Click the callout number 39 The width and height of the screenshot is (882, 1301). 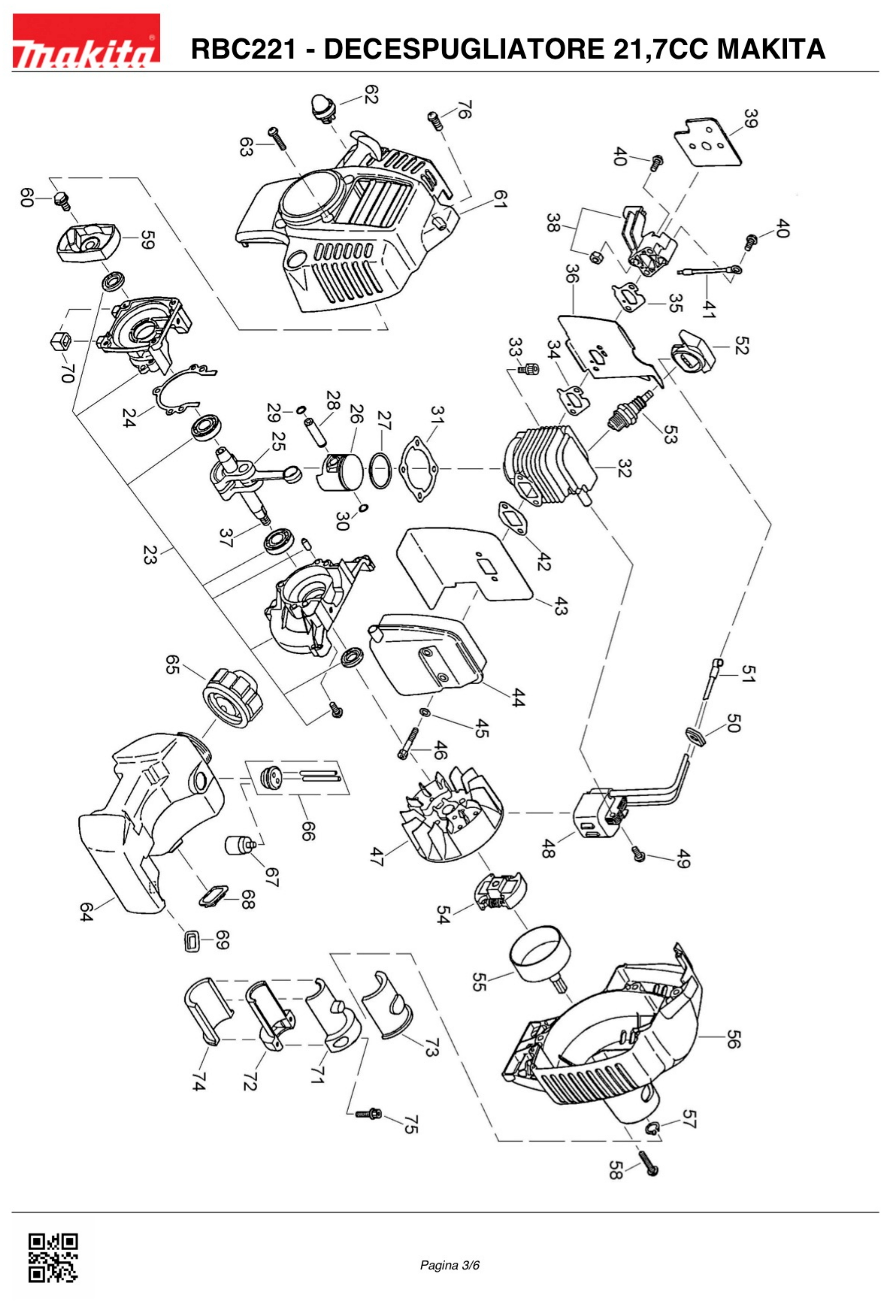click(750, 119)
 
